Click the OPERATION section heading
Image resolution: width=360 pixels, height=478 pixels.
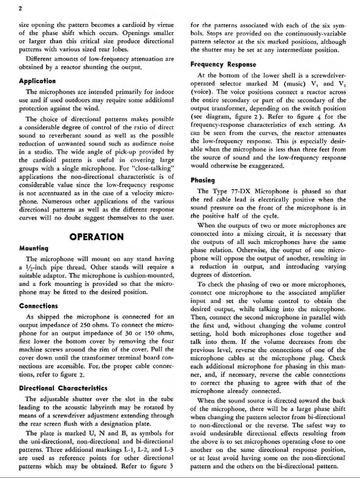point(96,237)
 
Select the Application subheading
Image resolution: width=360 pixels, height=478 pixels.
point(37,81)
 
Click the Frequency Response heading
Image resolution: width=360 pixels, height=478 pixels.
point(220,64)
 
